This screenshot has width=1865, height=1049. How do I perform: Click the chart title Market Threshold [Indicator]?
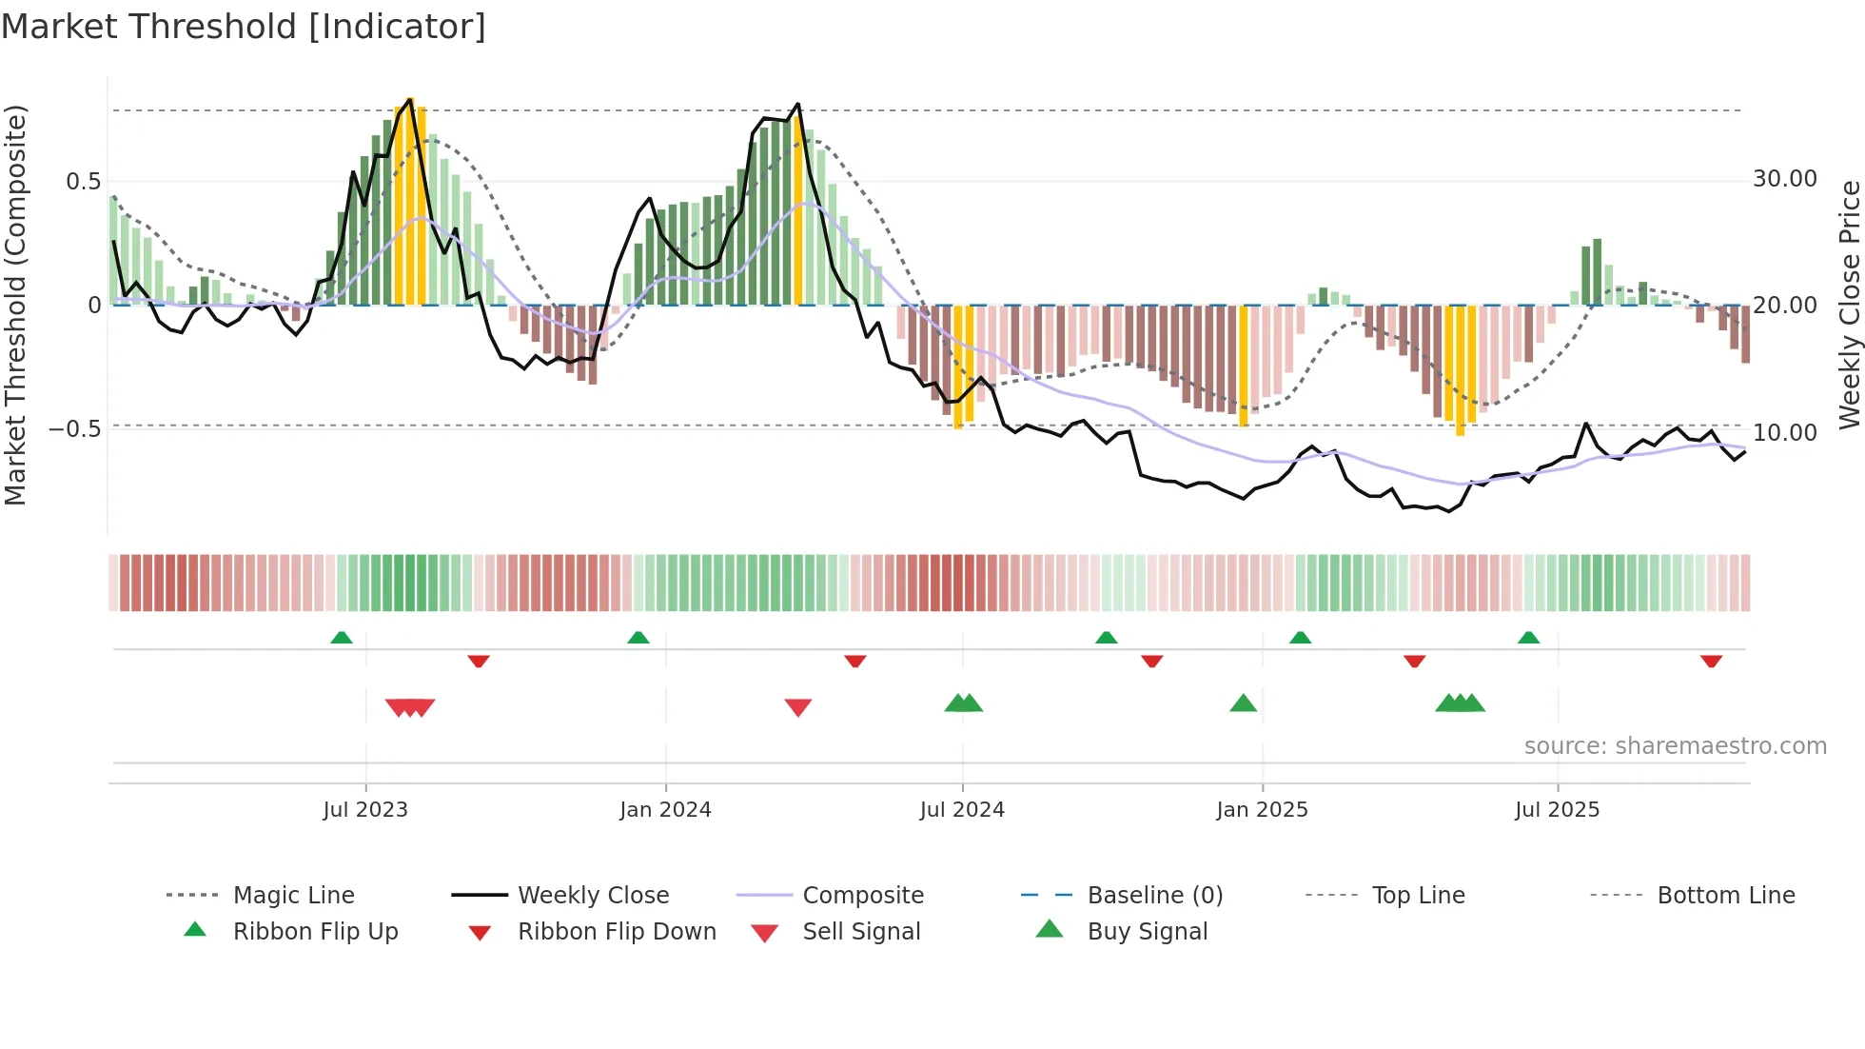pos(244,27)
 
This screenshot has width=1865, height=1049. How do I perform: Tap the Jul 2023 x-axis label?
pos(365,810)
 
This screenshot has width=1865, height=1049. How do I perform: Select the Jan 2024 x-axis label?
pos(665,810)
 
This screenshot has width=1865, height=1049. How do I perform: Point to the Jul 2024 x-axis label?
pos(962,810)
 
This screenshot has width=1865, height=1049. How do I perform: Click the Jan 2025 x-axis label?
pos(1262,810)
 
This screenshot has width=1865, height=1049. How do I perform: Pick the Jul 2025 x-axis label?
pos(1557,810)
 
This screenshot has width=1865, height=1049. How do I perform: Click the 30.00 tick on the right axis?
pos(1785,179)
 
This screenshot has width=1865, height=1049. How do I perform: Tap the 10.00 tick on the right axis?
pos(1785,432)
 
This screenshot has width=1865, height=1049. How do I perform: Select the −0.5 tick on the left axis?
pos(75,429)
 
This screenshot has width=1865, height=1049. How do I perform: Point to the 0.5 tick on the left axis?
pos(84,181)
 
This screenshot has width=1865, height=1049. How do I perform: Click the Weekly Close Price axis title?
pos(1849,305)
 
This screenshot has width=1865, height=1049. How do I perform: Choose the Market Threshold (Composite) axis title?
pos(15,305)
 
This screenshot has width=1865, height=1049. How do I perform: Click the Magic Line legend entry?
pos(293,896)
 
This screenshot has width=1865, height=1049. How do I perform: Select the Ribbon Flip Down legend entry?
pos(617,932)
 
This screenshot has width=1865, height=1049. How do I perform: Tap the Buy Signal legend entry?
pos(1148,932)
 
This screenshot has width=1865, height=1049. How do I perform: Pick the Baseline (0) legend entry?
pos(1154,896)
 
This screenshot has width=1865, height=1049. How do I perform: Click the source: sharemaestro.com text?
pos(1675,746)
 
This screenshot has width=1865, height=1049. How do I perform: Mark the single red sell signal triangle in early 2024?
pos(798,707)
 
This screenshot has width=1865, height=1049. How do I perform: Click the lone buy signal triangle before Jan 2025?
pos(1243,703)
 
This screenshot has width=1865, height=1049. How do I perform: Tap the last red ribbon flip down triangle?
pos(1711,661)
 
